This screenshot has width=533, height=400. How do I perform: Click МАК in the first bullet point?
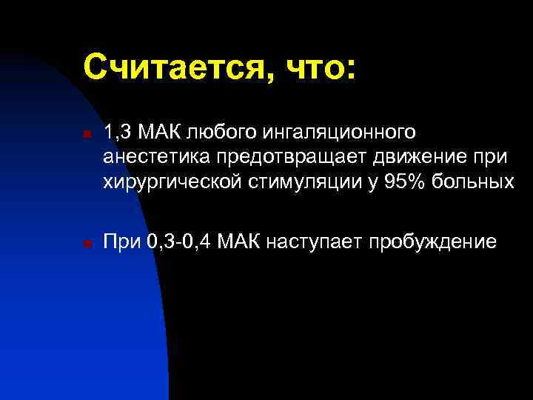coord(163,133)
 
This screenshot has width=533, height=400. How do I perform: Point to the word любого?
coord(218,134)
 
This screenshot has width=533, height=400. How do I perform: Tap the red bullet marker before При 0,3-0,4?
coord(86,243)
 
